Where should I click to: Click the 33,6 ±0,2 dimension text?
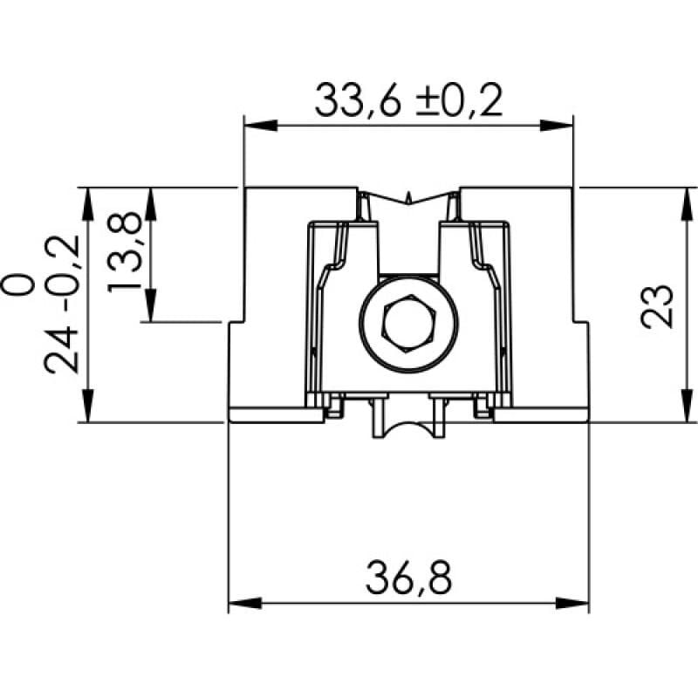click(x=408, y=102)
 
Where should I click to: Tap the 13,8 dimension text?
click(x=126, y=254)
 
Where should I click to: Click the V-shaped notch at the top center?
click(x=408, y=199)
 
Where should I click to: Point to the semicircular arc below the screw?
click(x=408, y=432)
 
